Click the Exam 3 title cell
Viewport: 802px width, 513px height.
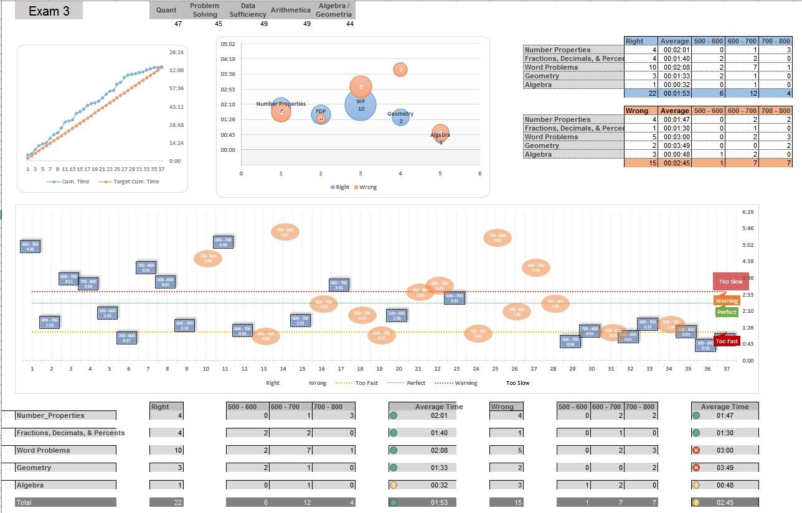[49, 11]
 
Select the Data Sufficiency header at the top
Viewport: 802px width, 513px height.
[248, 10]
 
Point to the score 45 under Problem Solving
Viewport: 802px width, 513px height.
[218, 24]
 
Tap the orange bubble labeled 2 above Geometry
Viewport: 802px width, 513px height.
[401, 70]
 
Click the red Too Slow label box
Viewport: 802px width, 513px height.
[730, 282]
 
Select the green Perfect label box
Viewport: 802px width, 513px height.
[727, 312]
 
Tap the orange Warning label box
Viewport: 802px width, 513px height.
[727, 301]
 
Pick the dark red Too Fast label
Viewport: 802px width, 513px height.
[727, 341]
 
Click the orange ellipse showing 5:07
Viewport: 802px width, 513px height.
[285, 233]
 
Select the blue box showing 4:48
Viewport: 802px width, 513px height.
[223, 242]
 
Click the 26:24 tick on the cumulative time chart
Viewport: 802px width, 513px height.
[176, 52]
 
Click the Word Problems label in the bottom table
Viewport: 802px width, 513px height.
[44, 450]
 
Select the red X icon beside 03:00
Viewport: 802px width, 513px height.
[696, 450]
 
